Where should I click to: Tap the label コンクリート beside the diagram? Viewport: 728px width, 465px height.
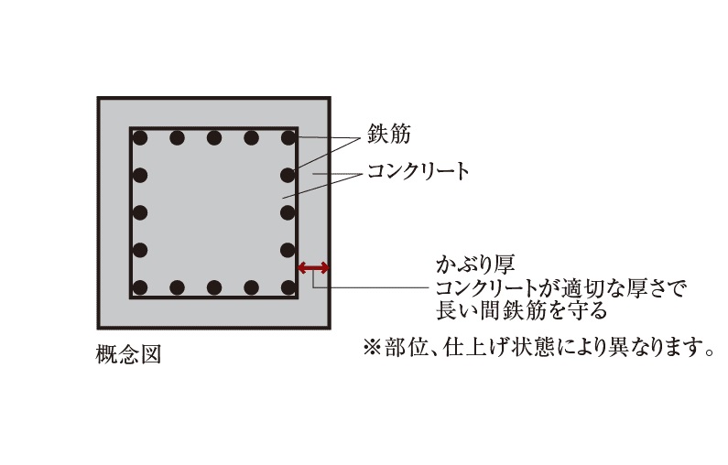(x=418, y=171)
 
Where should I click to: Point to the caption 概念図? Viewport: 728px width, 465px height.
(x=128, y=354)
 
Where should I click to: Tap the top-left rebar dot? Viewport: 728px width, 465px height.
(x=140, y=138)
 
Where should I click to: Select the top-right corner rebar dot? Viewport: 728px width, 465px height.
(x=288, y=138)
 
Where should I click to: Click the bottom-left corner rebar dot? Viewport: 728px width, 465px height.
(x=140, y=287)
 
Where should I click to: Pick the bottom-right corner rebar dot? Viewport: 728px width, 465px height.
(x=288, y=287)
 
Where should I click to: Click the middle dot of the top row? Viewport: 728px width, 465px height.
(x=214, y=138)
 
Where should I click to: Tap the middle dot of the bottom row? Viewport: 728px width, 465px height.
(x=214, y=287)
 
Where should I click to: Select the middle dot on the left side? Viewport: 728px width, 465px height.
(x=140, y=212)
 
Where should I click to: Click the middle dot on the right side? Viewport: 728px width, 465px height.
(x=288, y=212)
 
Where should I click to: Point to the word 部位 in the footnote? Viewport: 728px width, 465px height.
(x=400, y=348)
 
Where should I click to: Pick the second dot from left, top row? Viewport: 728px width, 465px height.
(x=177, y=138)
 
